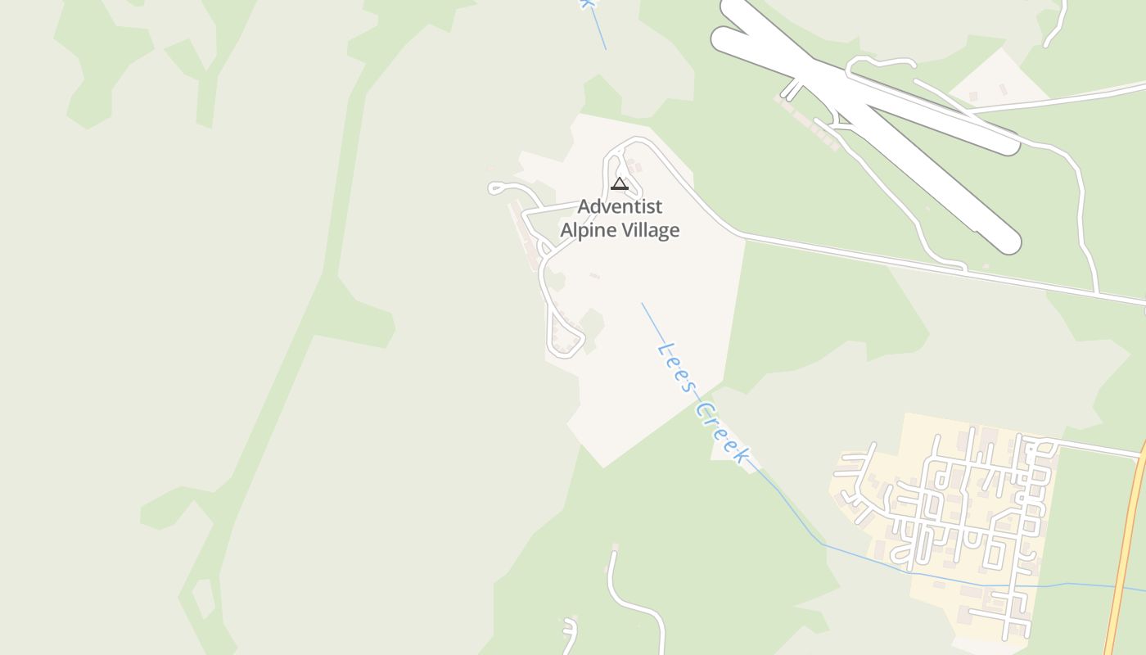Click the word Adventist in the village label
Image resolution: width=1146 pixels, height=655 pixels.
click(620, 206)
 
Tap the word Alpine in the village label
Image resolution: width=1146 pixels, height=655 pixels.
click(587, 230)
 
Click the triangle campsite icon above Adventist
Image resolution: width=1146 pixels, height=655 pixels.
click(620, 183)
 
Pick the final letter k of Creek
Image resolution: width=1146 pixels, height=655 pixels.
click(741, 455)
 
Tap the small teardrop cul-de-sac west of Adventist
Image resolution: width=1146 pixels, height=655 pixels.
click(495, 188)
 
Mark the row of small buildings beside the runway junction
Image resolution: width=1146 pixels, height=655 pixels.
click(806, 123)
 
